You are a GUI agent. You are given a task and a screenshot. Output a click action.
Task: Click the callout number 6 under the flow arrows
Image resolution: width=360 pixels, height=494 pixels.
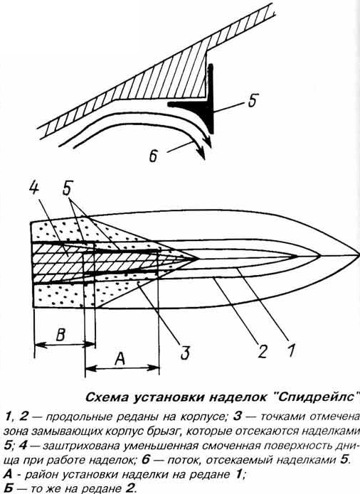[153, 156]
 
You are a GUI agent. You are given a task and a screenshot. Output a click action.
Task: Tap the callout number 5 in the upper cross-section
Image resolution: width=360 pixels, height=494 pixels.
[252, 100]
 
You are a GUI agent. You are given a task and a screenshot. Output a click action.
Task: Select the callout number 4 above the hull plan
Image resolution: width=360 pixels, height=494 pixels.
[33, 189]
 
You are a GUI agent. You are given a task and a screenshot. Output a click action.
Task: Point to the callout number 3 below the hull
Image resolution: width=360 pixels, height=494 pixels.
[185, 352]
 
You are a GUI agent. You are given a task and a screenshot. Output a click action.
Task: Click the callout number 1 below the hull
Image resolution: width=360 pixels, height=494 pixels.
[291, 350]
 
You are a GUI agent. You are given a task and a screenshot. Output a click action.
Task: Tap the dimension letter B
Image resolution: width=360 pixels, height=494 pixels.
[60, 335]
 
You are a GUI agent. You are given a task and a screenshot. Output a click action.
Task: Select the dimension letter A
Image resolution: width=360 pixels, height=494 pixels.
[120, 358]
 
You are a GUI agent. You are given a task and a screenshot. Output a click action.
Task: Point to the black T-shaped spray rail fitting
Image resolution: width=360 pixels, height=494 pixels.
[198, 101]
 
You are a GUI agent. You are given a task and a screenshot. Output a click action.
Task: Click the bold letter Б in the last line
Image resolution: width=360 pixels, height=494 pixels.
[9, 488]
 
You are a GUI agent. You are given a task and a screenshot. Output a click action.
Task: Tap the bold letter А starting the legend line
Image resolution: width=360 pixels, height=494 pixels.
[9, 474]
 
